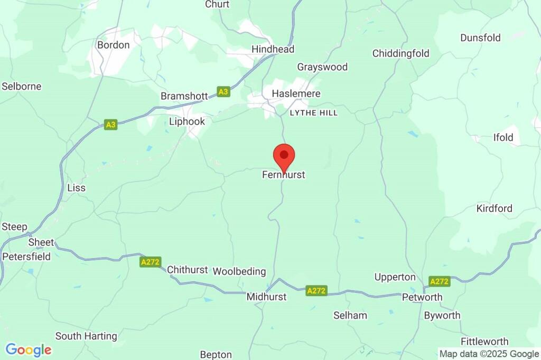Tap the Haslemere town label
click(296, 93)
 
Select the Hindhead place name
click(273, 49)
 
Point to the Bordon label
click(113, 45)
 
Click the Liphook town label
click(186, 121)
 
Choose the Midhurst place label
click(266, 297)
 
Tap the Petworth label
click(422, 297)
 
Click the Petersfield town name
click(26, 257)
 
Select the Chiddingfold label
click(400, 53)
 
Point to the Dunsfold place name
click(480, 37)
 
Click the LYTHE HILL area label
click(313, 113)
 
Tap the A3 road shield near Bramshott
click(223, 92)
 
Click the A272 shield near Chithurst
click(150, 262)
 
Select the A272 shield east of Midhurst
click(316, 290)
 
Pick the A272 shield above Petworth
click(439, 281)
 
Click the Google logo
click(29, 349)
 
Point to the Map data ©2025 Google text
click(489, 354)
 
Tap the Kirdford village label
click(494, 209)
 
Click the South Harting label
click(86, 336)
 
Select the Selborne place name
click(22, 86)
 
